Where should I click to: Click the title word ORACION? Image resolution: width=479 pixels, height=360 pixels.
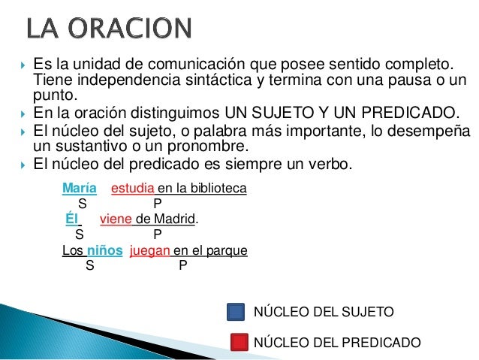click(x=134, y=30)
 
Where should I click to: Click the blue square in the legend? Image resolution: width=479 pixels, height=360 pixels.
click(x=236, y=312)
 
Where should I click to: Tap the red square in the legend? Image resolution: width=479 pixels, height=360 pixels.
click(x=237, y=343)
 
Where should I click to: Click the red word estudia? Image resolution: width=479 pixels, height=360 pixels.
click(x=133, y=187)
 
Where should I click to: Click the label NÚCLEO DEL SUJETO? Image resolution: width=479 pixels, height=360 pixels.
click(x=324, y=312)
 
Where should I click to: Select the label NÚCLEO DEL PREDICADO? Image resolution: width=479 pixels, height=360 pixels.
click(x=338, y=343)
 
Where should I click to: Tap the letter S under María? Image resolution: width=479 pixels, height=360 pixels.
click(x=82, y=202)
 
